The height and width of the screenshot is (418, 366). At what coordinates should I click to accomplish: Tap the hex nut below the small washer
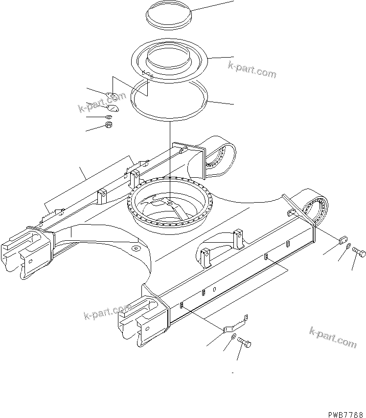coord(110,126)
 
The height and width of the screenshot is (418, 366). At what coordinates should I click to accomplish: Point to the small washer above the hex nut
coord(108,117)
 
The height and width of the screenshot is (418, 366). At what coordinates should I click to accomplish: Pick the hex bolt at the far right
coord(359,252)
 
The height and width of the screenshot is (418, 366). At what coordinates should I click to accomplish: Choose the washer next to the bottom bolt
coord(234,337)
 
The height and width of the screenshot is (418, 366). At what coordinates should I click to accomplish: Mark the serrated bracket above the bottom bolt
coord(236,325)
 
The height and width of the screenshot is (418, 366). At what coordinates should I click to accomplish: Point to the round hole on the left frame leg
coord(135,249)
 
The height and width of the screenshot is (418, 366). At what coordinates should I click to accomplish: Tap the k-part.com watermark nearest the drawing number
coord(333,337)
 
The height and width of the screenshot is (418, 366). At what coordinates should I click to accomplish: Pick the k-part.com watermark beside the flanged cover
coord(252,70)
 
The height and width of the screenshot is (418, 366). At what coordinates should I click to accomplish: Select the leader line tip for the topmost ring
coord(233,1)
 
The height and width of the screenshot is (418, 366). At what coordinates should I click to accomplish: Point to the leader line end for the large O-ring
coord(233,104)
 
